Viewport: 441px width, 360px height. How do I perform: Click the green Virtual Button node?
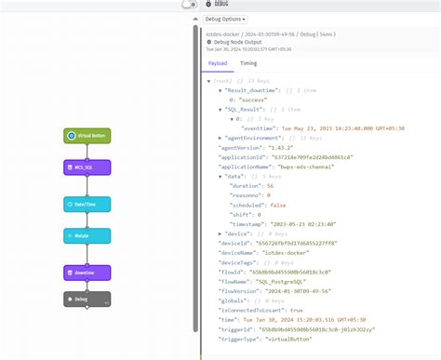tap(87, 136)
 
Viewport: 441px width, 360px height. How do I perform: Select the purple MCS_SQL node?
tap(87, 167)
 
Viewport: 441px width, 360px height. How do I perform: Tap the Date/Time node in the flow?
tap(87, 203)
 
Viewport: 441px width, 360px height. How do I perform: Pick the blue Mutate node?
tap(87, 237)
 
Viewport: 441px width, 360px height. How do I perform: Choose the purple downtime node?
tap(87, 273)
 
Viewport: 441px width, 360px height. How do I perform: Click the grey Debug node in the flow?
tap(87, 299)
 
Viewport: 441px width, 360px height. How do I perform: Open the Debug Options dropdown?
tap(226, 19)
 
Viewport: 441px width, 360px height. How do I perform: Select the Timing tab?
tap(248, 63)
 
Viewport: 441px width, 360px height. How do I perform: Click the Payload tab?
tap(217, 63)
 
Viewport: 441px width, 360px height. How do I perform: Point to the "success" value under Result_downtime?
tap(257, 99)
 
